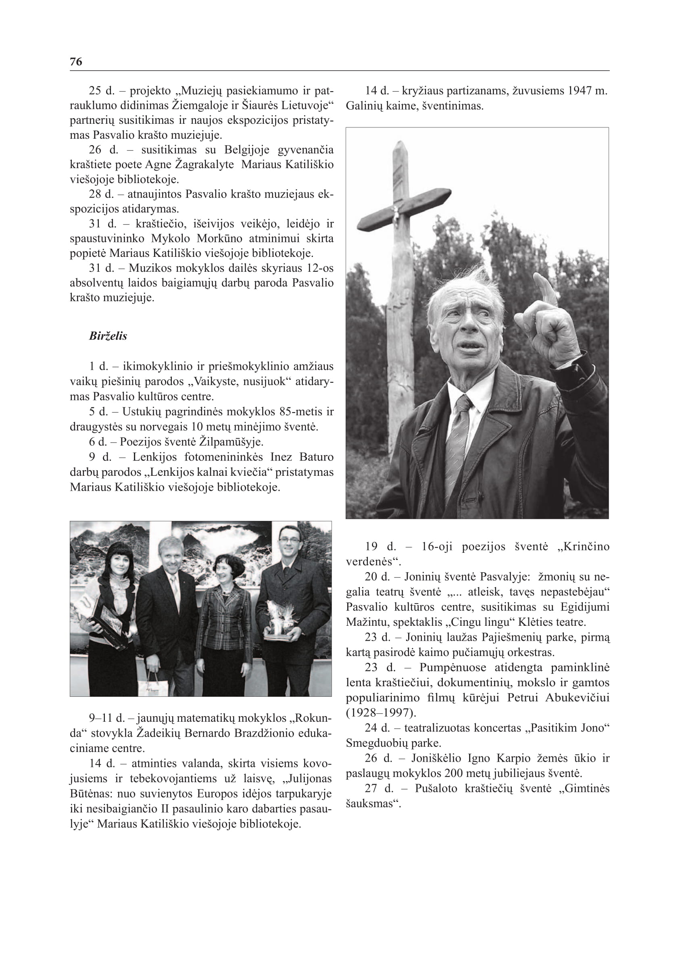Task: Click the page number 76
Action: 76,62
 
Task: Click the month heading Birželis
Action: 108,336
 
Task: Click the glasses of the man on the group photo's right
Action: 289,540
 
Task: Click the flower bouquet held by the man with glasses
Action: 277,616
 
